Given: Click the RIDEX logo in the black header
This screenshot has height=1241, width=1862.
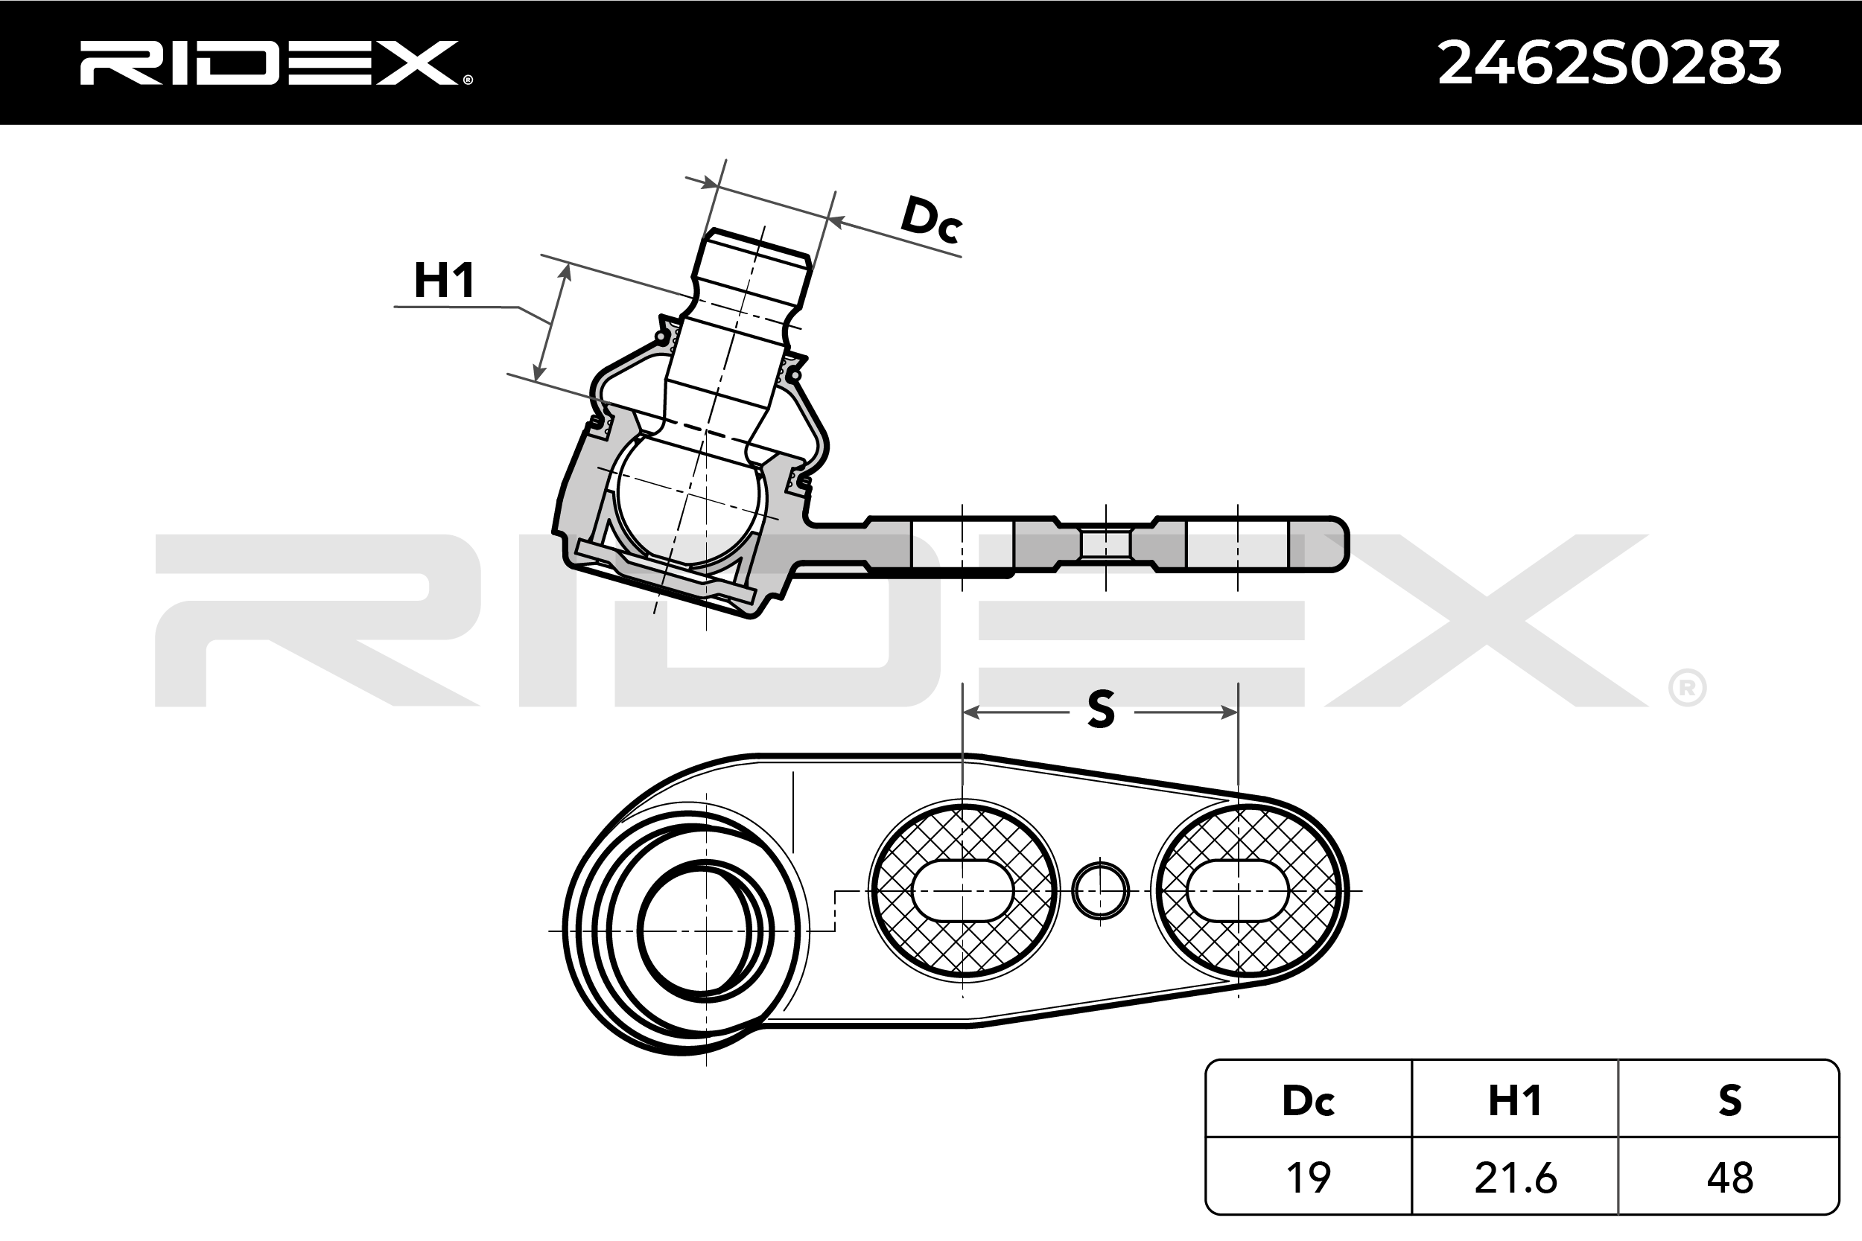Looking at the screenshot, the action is (x=273, y=63).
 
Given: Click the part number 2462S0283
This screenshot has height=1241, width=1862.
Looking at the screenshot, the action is (x=1609, y=63).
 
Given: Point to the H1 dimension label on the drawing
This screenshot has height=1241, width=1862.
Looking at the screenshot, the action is (x=444, y=279).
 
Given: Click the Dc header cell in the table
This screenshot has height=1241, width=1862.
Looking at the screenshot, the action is (x=1308, y=1100).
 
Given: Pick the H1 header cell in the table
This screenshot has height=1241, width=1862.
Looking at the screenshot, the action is (x=1514, y=1100).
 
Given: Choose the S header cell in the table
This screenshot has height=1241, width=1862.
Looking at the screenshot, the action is (x=1729, y=1100).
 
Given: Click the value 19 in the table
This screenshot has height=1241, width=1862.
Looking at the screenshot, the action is (x=1308, y=1178).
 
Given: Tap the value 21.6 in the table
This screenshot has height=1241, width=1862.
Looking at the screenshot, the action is (x=1515, y=1178).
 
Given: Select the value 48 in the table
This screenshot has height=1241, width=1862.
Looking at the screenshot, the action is (x=1729, y=1178).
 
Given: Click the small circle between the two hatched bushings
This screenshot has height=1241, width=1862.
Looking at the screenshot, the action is (x=1100, y=890).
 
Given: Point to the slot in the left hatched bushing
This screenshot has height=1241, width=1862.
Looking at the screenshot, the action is (x=963, y=890).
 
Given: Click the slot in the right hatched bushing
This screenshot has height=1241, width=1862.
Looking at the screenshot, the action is (x=1238, y=890).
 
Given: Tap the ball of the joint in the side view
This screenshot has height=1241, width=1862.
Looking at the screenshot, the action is (x=690, y=500).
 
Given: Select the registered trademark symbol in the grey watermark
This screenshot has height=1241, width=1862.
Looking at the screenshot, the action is (x=1687, y=689).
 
